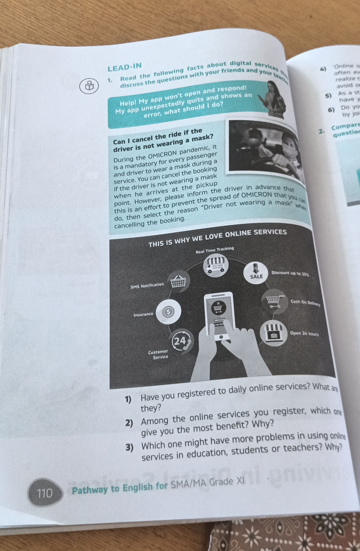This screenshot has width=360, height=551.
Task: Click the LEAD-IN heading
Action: pos(125,68)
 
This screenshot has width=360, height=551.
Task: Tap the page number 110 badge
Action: pos(45,493)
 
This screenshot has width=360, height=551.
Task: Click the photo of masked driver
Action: pos(265,150)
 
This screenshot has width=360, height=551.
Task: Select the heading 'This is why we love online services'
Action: pos(217,237)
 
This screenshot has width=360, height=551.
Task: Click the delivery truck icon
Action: pos(216,265)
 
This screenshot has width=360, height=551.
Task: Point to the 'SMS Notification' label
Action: pos(147,285)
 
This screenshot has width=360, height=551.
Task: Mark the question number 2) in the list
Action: pos(129,423)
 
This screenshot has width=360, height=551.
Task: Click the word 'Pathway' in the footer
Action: pos(89,490)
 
